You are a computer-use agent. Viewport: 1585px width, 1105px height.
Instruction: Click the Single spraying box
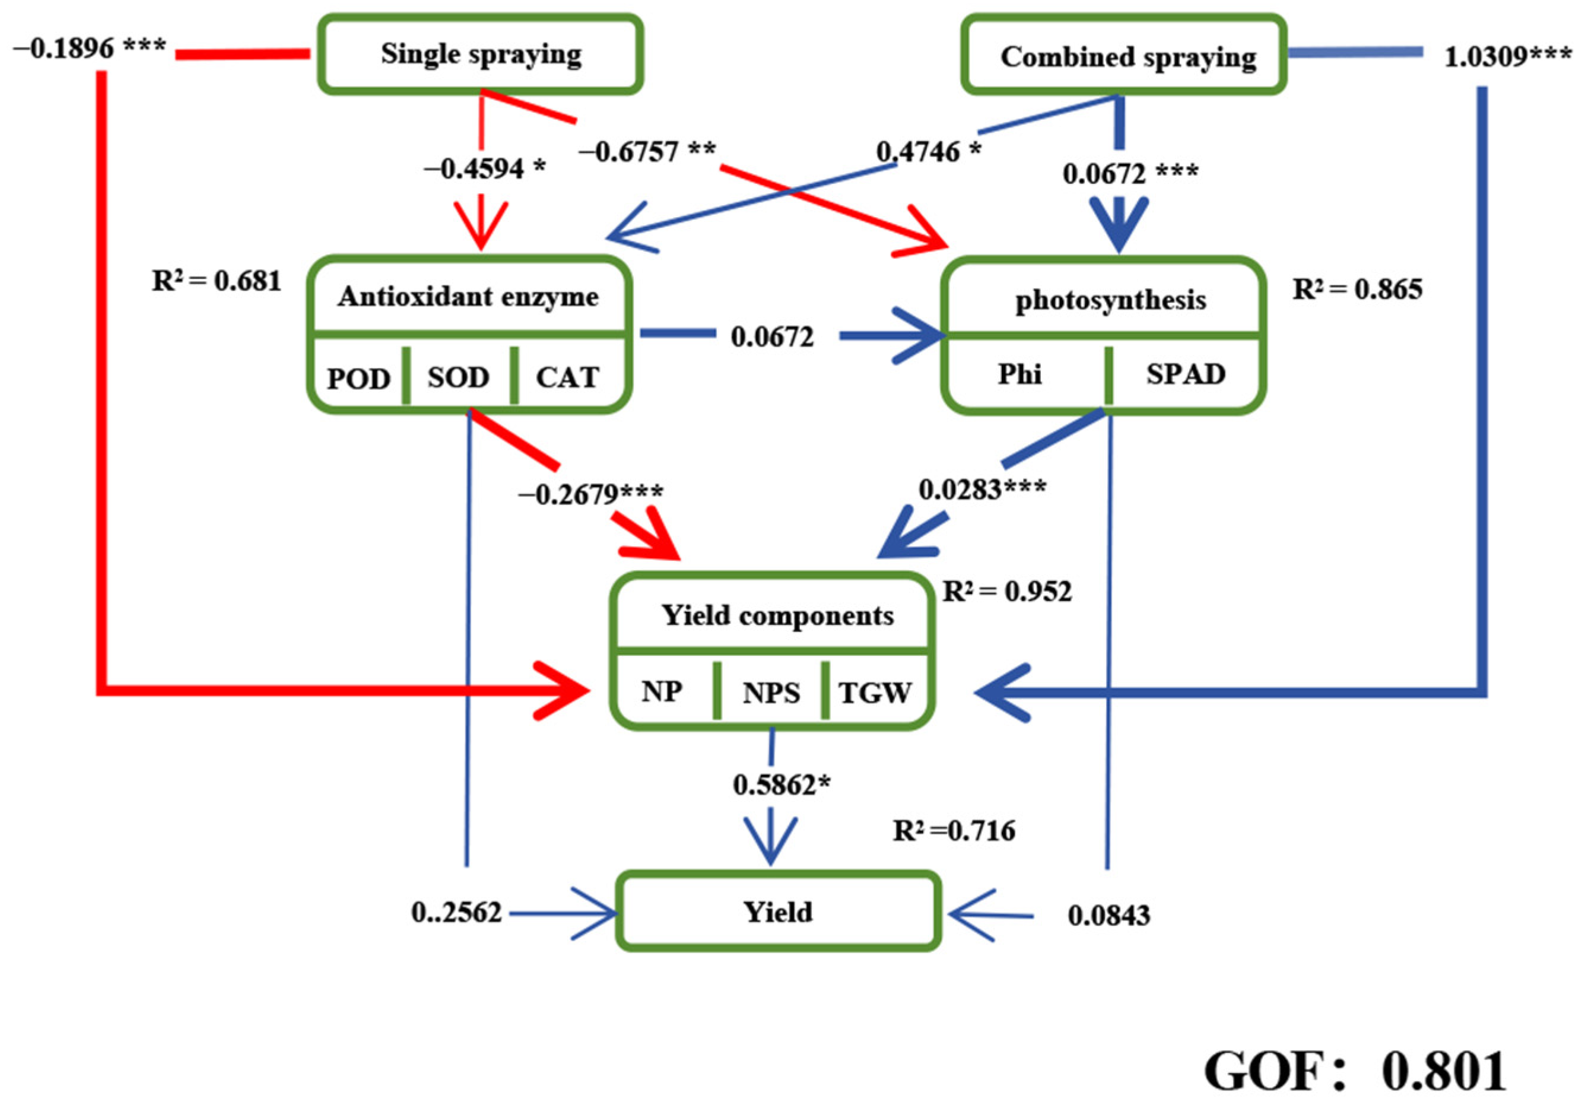point(481,55)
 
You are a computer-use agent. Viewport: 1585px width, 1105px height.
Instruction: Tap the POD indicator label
point(358,378)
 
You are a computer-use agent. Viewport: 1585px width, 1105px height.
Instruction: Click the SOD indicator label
point(458,377)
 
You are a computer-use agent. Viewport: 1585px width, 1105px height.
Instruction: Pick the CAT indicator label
point(567,377)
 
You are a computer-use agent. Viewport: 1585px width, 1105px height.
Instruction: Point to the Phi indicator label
point(1019,373)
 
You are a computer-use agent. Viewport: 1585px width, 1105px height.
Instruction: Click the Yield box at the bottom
point(778,912)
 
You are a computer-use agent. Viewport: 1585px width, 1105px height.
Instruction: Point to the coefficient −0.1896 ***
point(90,48)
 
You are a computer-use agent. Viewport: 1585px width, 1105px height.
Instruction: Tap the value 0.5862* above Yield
point(782,785)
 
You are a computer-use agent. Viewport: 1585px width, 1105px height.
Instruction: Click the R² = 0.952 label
point(1007,591)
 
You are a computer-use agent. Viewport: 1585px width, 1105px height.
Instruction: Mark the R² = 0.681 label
point(217,281)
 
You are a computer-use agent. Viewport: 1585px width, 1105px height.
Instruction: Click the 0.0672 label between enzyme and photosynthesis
point(773,336)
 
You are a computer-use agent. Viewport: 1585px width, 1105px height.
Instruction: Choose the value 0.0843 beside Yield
point(1108,915)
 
